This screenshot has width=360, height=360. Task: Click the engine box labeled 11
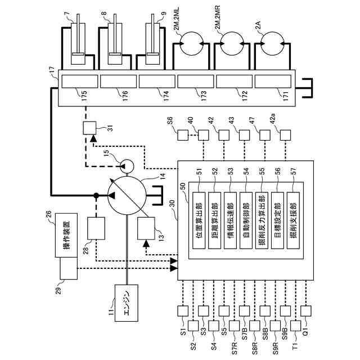click(127, 303)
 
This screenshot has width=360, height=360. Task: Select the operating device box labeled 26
click(66, 235)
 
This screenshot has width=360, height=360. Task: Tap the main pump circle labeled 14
click(127, 196)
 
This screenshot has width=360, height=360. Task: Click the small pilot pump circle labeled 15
click(127, 166)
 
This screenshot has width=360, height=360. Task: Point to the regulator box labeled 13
click(146, 228)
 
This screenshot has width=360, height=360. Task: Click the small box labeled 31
click(89, 128)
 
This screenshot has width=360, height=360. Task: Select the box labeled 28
click(96, 228)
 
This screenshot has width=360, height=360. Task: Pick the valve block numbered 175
click(80, 82)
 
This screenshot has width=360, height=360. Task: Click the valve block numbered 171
click(273, 82)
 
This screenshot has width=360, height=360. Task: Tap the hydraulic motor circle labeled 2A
click(272, 44)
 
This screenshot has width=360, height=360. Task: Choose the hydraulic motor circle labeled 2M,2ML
click(191, 44)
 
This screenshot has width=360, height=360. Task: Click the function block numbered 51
click(199, 220)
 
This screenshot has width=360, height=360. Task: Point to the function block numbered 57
click(294, 220)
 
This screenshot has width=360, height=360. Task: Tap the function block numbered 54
click(246, 220)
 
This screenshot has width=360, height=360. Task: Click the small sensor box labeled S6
click(183, 135)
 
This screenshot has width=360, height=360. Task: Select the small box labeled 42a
click(285, 135)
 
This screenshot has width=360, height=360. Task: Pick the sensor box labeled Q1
click(306, 311)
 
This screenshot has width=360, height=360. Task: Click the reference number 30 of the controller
click(172, 204)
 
